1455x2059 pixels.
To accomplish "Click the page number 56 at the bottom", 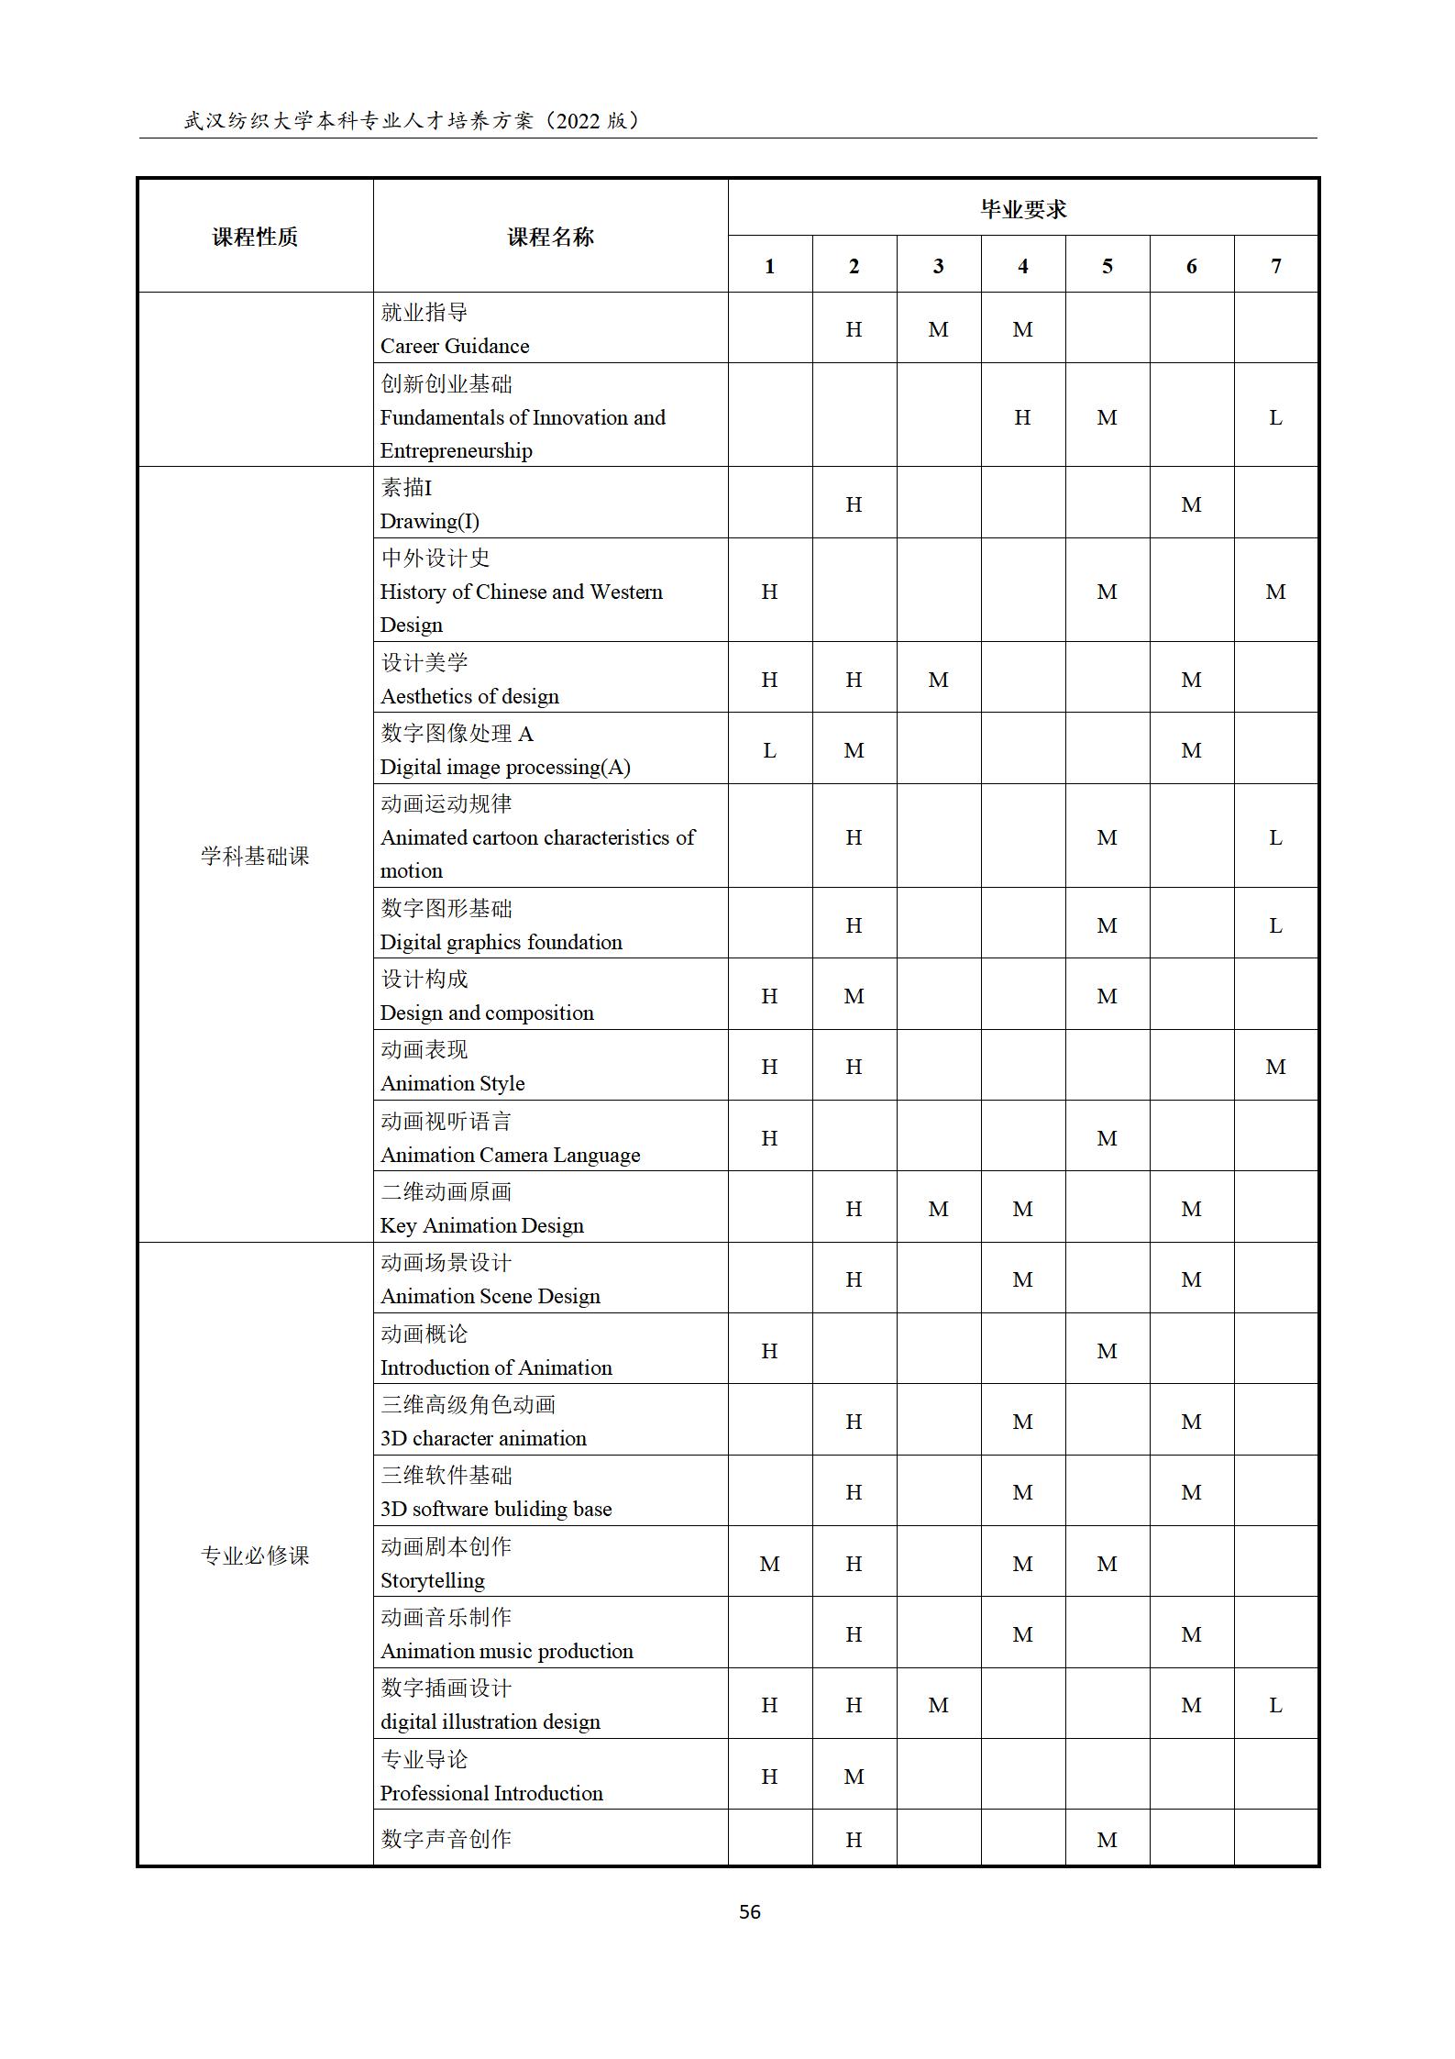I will [x=749, y=1911].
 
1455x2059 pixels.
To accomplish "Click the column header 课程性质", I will [x=255, y=237].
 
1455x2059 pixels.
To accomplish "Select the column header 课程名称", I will [x=550, y=237].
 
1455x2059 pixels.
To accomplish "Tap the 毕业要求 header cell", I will [x=1023, y=209].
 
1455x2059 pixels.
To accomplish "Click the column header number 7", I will [x=1275, y=266].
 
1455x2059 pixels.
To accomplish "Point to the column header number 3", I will [x=938, y=266].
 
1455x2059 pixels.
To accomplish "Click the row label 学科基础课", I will [x=255, y=856].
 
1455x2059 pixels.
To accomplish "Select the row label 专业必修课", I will [x=255, y=1555].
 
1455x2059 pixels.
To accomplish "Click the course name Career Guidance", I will [x=455, y=346].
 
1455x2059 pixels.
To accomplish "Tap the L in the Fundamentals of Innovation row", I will [x=1275, y=417].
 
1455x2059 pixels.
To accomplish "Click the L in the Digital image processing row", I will [x=769, y=750].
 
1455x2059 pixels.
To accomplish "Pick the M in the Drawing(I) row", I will [x=1191, y=504].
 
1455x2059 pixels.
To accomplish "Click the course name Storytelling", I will [x=432, y=1580].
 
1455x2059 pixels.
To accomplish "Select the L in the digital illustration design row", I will [x=1275, y=1705].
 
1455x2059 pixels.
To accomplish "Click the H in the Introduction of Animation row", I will [x=769, y=1351].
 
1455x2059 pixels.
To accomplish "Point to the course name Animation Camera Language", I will [x=510, y=1155].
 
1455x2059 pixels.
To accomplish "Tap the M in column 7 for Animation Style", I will [x=1275, y=1067].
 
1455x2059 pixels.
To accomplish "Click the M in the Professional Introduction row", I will [x=854, y=1777].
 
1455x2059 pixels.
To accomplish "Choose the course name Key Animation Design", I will [x=481, y=1225].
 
